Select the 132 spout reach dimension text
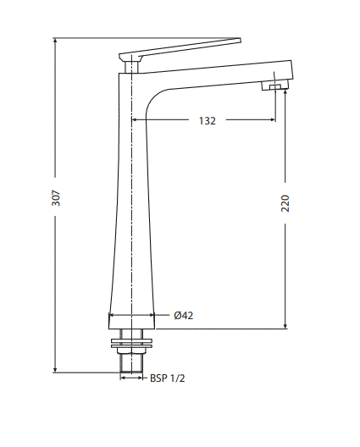point(207,121)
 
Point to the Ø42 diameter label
point(184,316)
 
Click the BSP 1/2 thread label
point(167,378)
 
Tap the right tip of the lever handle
point(239,40)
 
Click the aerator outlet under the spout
point(274,85)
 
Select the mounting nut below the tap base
point(132,342)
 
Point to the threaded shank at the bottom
point(132,361)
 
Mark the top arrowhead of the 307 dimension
point(56,41)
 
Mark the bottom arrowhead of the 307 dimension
point(56,369)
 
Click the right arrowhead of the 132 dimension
point(272,121)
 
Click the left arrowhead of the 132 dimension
point(136,121)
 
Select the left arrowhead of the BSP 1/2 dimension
point(124,378)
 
